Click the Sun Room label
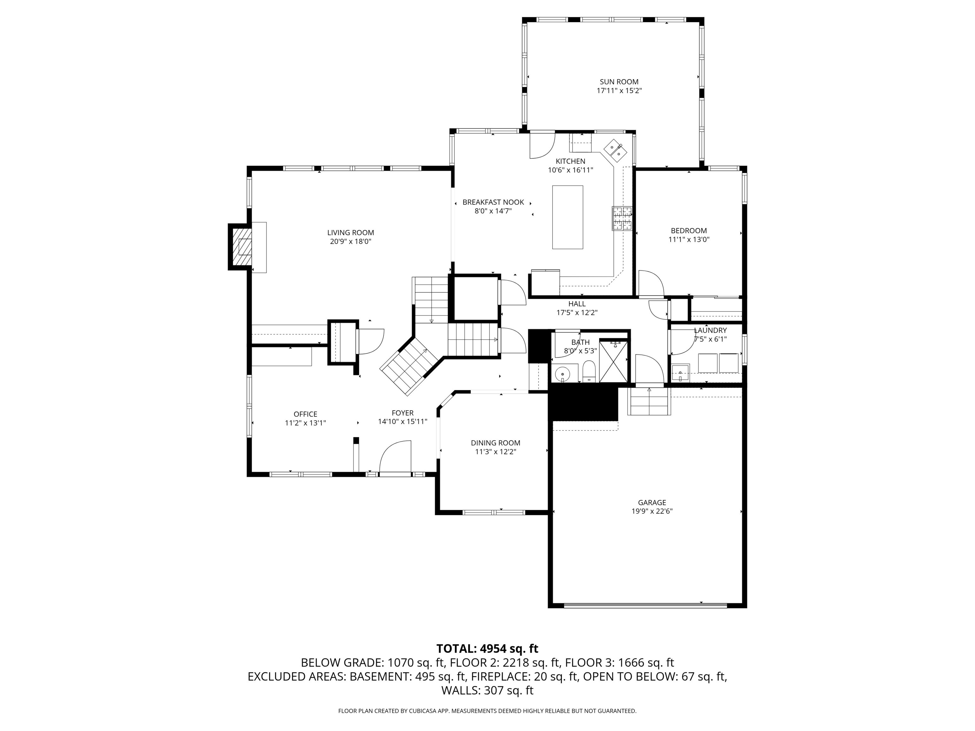619,82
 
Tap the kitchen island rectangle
568,217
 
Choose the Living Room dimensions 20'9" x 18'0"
350,241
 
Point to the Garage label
652,502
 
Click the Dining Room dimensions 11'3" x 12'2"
495,452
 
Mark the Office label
305,414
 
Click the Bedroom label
688,230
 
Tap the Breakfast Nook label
493,202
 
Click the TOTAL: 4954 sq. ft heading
487,649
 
